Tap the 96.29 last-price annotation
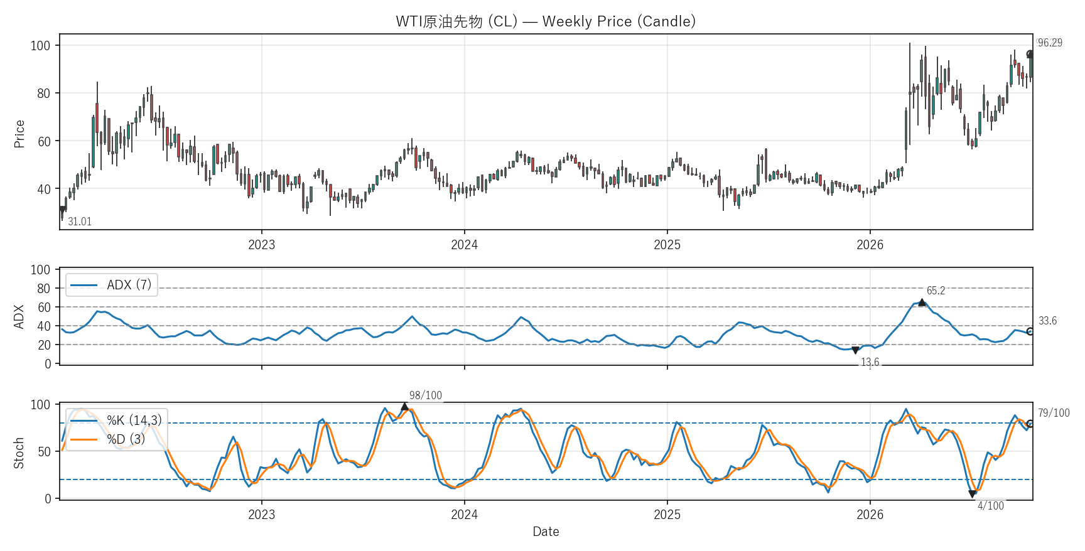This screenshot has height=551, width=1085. coord(1050,43)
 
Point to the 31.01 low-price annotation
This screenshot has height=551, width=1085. coord(80,222)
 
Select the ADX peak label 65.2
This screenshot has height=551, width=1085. coord(936,291)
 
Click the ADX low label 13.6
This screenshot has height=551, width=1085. coord(870,362)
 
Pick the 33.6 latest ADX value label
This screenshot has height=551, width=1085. coord(1047,321)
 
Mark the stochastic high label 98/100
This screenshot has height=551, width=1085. coord(426,395)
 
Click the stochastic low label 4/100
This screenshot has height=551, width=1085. coord(991,506)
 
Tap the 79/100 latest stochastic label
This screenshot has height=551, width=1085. coord(1054,413)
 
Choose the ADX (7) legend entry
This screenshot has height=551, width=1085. coord(111,285)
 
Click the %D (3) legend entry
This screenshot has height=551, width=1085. coord(108,439)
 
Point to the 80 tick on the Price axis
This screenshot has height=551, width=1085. coord(43,94)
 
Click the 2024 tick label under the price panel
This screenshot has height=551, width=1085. coord(464,245)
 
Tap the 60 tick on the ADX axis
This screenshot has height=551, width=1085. coord(43,308)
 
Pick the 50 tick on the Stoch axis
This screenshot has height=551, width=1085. coord(43,452)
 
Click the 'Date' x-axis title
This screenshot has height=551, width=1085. coord(546,532)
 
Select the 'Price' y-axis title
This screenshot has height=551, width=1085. coord(19,134)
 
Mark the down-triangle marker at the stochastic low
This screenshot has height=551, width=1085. coord(973,494)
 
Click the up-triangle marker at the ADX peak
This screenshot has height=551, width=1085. coord(922,302)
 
